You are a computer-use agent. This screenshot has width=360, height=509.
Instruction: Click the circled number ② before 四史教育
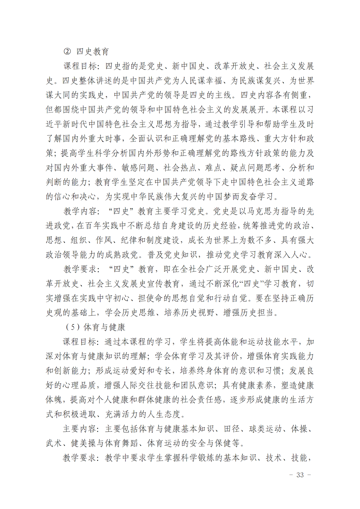(x=67, y=51)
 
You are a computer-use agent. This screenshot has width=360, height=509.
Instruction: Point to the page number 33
(x=300, y=475)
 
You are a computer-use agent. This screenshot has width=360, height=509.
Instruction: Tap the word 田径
(x=232, y=429)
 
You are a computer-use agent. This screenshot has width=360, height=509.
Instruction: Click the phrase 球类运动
(x=266, y=429)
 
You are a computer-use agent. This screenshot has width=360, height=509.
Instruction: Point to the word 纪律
(x=129, y=240)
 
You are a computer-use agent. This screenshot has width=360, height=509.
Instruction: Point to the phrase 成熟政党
(x=121, y=254)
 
